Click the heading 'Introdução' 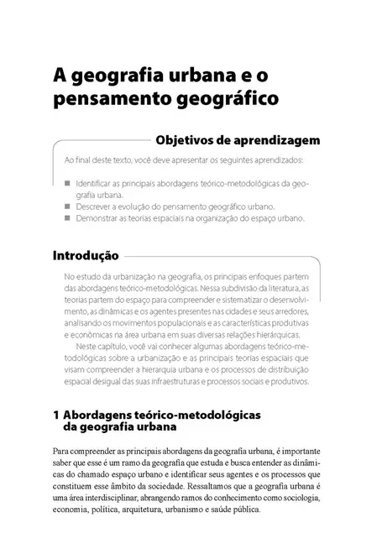86,254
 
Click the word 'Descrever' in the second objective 95,205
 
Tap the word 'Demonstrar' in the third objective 97,217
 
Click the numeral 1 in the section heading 55,415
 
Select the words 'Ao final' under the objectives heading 77,159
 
